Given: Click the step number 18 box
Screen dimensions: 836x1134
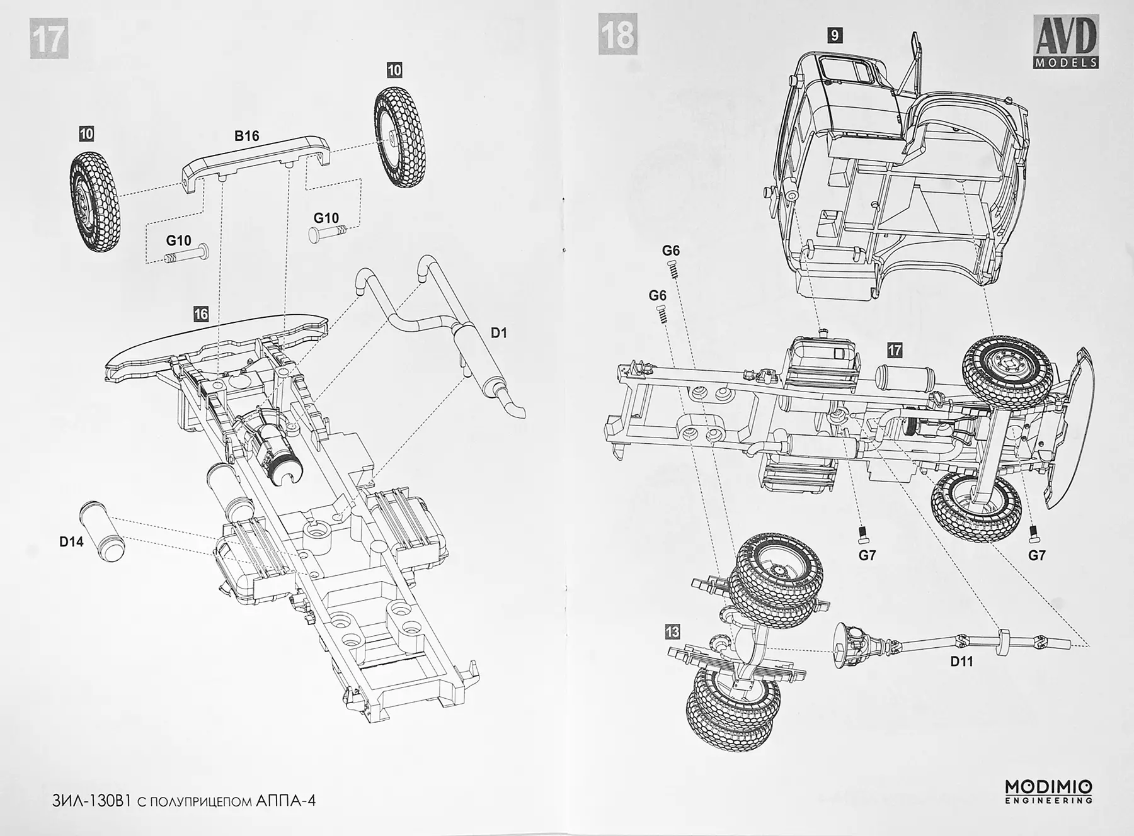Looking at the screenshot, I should tap(617, 35).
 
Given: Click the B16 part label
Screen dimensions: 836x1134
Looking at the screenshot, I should tap(246, 136).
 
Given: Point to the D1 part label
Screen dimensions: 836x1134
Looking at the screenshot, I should tap(498, 333).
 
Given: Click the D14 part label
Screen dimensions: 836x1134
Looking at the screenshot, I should tap(71, 541).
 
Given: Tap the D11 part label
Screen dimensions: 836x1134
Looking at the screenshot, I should tap(961, 662).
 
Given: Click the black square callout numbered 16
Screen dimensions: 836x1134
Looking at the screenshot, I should tap(201, 314).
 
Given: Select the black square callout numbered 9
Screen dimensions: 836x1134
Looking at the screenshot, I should tap(835, 35).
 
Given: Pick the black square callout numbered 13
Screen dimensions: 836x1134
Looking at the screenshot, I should tap(672, 631).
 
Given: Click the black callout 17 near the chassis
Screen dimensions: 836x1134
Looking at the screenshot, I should tap(895, 351).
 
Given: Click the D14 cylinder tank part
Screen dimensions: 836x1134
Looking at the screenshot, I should tap(102, 531).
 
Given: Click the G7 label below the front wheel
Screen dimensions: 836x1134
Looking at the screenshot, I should tap(1036, 555).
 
